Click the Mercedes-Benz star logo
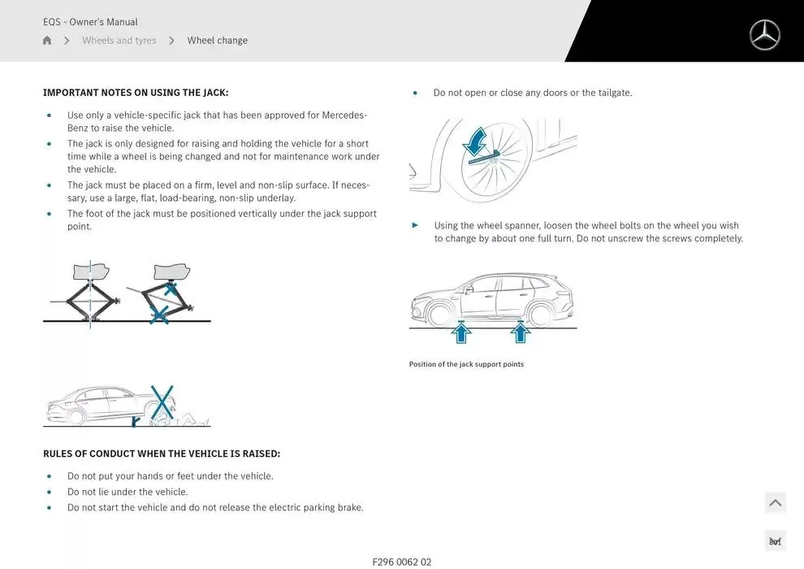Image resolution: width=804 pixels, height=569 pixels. click(x=764, y=36)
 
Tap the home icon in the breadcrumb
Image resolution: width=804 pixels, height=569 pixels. click(x=47, y=41)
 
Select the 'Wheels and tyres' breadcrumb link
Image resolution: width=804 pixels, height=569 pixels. click(x=119, y=41)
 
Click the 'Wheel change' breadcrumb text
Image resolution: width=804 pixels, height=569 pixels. click(x=217, y=41)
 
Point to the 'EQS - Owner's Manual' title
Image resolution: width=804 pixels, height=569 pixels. click(x=90, y=22)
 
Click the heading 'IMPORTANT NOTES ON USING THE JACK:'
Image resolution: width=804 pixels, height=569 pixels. click(x=136, y=93)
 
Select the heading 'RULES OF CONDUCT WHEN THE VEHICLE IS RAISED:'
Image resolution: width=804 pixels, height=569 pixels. click(x=161, y=454)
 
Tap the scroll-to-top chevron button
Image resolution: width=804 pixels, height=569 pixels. click(x=775, y=503)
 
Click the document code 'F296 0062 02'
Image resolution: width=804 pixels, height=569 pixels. click(x=401, y=562)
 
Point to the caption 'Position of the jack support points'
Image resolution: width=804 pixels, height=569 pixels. click(x=466, y=364)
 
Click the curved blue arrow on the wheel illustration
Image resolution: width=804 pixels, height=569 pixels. click(x=475, y=141)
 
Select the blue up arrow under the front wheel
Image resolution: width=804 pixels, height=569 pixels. click(x=461, y=332)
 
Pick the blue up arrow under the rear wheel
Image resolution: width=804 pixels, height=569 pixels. click(x=520, y=332)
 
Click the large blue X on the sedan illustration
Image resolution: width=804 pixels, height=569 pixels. click(x=162, y=402)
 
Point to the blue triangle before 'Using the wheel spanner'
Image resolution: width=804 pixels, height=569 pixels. click(x=416, y=225)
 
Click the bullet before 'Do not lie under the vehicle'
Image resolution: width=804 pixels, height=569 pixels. click(x=49, y=493)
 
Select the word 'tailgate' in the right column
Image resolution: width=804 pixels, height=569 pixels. click(x=613, y=93)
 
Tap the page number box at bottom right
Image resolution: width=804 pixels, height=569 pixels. click(x=775, y=541)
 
